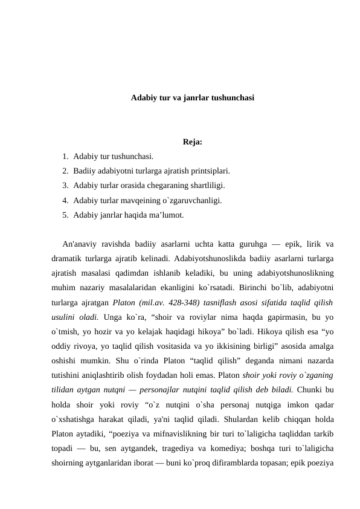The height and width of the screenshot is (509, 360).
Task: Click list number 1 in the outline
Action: pos(63,156)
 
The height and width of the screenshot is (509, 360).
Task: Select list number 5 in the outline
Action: pos(63,214)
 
